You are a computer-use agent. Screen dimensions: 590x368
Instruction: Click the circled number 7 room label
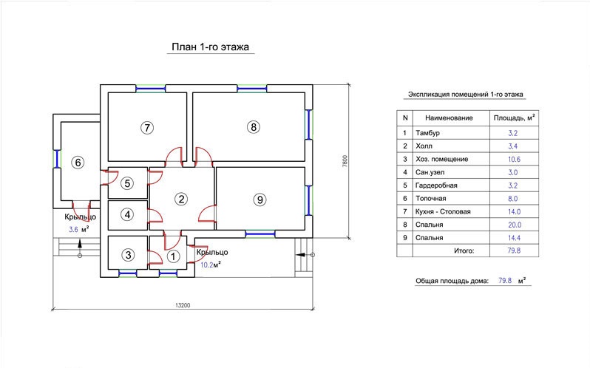click(x=147, y=127)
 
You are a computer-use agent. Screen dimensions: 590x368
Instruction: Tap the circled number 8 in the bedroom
click(x=254, y=127)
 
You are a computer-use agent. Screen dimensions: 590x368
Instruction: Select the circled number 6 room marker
click(x=78, y=163)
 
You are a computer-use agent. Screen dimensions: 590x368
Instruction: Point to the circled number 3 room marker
click(x=129, y=255)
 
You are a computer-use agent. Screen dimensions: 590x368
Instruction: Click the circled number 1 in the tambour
click(x=173, y=256)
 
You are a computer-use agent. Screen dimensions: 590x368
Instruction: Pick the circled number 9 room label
click(x=260, y=200)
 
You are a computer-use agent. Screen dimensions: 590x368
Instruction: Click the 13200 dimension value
click(x=183, y=305)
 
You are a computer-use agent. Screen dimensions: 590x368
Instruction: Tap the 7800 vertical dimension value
click(x=345, y=161)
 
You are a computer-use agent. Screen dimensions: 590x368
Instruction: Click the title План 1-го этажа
click(x=210, y=47)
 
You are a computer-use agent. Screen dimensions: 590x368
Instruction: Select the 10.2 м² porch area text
click(x=210, y=265)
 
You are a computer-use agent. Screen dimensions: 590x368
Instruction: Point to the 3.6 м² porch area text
click(x=79, y=229)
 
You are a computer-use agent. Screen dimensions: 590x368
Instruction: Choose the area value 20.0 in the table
click(x=515, y=225)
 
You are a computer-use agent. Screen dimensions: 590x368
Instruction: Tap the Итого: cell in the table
click(x=464, y=251)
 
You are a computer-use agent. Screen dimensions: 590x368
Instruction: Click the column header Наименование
click(x=449, y=118)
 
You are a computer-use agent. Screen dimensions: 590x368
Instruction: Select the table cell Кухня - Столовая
click(x=443, y=211)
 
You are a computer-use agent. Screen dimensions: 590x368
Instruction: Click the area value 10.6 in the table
click(x=514, y=160)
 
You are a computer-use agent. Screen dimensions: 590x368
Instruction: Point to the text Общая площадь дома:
click(x=452, y=281)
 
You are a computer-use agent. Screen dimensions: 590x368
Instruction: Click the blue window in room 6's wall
click(x=57, y=159)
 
